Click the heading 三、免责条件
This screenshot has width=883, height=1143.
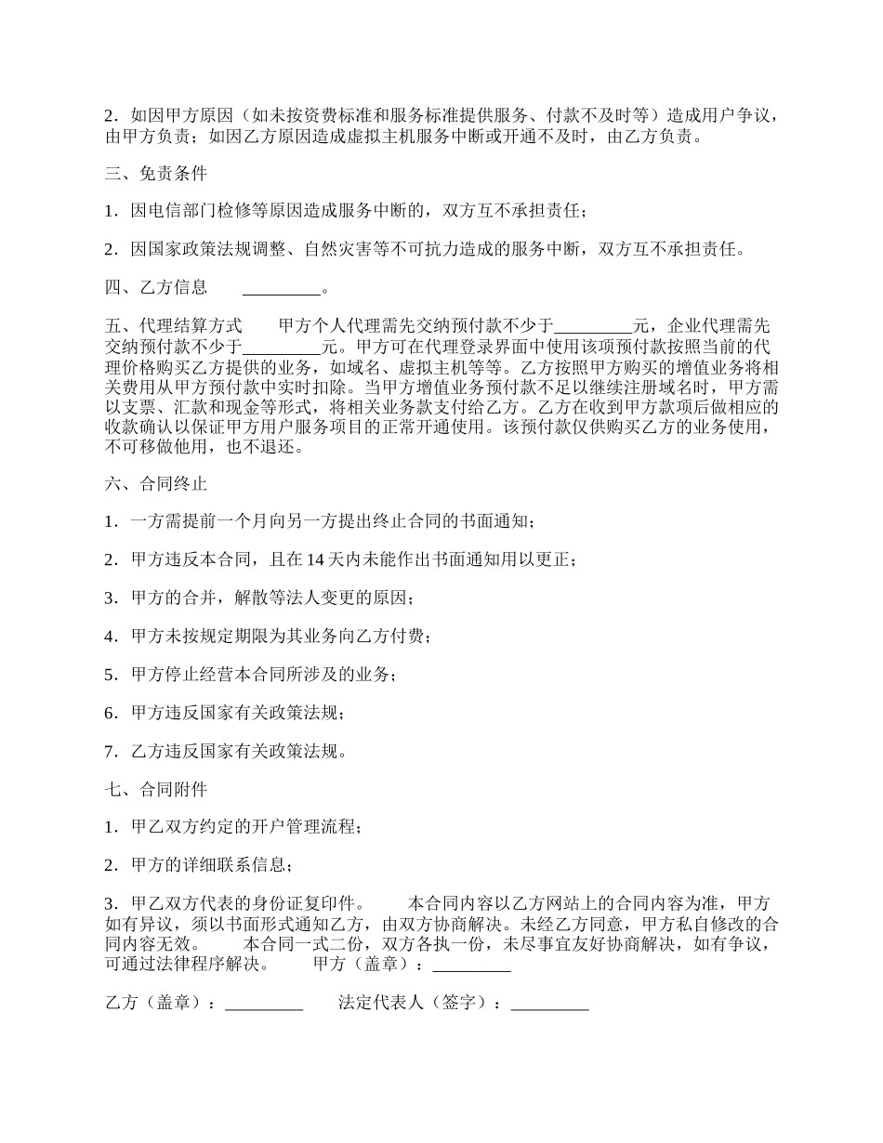point(156,174)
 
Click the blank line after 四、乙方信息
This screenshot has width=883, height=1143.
point(281,288)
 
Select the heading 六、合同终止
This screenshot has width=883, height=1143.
point(156,484)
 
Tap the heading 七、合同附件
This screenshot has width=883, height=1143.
point(156,789)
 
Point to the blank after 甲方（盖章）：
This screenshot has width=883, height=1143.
point(472,965)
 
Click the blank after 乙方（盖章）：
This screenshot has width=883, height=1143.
point(264,1004)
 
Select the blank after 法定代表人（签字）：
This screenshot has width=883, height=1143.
point(549,1004)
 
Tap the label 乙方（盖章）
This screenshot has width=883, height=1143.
point(157,1004)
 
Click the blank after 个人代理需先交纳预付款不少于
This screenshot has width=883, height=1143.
point(592,326)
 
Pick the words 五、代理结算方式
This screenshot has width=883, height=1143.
point(174,326)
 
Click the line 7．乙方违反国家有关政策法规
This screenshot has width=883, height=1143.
point(227,751)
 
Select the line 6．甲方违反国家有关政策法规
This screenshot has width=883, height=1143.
point(227,713)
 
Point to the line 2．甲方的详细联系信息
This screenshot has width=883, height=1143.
point(200,865)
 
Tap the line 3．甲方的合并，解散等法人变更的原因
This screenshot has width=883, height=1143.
point(260,598)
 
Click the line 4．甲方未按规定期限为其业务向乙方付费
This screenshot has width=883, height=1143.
point(269,637)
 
